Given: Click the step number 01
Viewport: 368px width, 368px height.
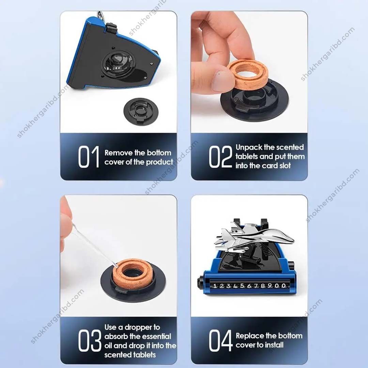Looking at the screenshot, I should (x=88, y=157).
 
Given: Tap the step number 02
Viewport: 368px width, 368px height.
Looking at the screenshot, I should (x=220, y=157).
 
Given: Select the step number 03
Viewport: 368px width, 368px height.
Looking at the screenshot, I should (x=90, y=341).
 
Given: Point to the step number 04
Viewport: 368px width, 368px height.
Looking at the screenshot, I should (x=220, y=340).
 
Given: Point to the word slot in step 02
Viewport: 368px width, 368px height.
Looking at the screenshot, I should (x=284, y=166).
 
